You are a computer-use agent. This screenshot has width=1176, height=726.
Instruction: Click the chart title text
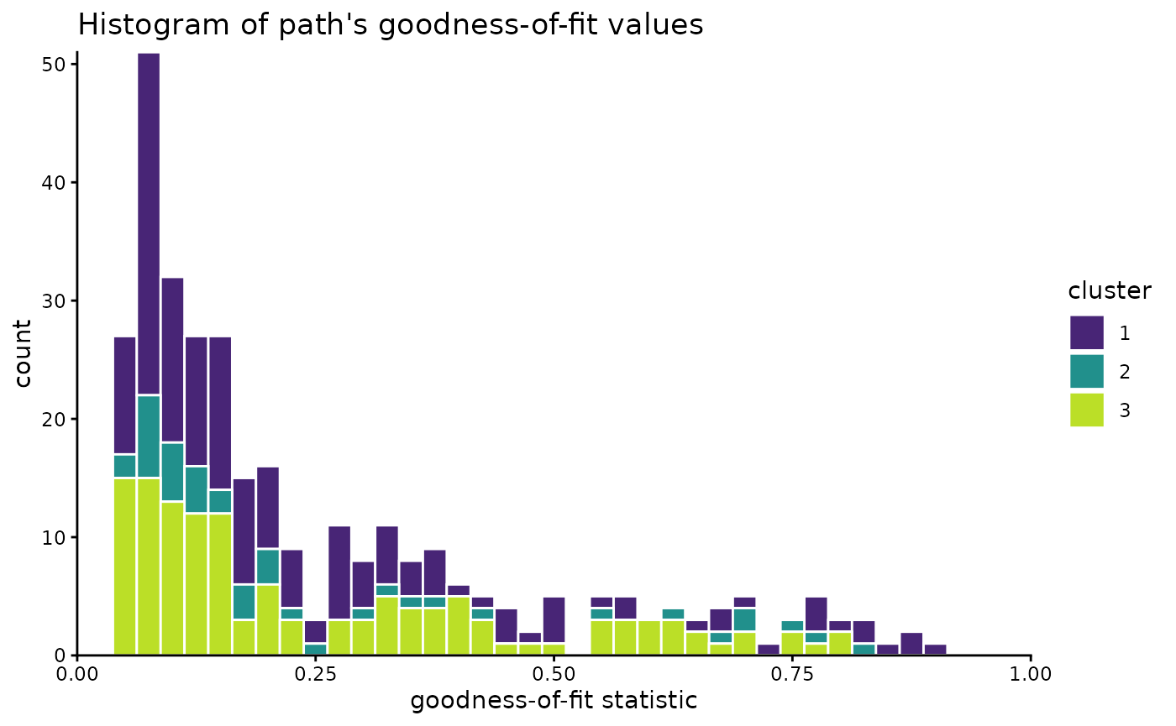click(x=390, y=25)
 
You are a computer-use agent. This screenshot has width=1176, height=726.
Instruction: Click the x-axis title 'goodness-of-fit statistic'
click(x=554, y=700)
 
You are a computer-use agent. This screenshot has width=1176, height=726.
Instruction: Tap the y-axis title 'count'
click(x=23, y=353)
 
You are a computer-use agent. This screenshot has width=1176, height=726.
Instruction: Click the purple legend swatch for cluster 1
click(x=1086, y=332)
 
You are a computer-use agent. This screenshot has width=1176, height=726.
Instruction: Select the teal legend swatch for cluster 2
click(x=1086, y=371)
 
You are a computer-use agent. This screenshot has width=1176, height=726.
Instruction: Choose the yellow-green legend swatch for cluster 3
click(x=1086, y=410)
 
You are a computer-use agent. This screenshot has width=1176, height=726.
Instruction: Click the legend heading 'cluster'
click(x=1109, y=291)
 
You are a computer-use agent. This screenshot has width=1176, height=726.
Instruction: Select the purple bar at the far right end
click(x=935, y=650)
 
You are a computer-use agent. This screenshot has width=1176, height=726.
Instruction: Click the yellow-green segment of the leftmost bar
click(x=124, y=567)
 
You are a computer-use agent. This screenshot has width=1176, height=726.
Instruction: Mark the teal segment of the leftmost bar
click(x=124, y=466)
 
